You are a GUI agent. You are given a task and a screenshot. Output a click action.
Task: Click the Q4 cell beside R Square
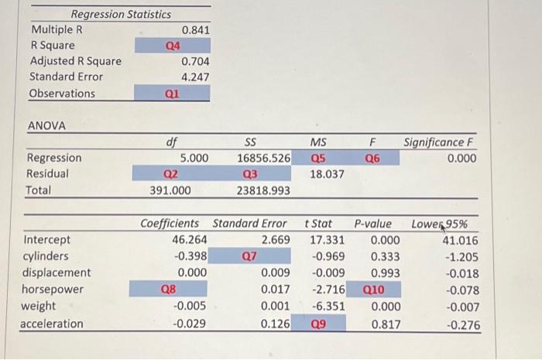coord(173,46)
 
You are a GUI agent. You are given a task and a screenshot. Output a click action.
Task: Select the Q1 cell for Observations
coord(173,94)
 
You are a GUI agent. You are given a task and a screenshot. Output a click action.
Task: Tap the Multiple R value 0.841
coord(195,29)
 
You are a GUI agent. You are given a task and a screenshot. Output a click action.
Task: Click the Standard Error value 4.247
coord(195,77)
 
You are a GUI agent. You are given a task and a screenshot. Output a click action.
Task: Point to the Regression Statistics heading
coord(121,14)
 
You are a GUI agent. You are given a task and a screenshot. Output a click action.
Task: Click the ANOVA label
coord(46,125)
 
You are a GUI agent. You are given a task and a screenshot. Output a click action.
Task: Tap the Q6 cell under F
coord(372,158)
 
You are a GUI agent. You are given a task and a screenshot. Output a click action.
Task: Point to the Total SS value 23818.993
coord(263,190)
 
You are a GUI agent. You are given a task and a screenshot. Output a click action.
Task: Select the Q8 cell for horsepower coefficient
coord(167,290)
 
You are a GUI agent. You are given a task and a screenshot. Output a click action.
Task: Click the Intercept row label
coord(48,240)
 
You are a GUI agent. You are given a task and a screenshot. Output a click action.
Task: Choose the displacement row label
coord(57,273)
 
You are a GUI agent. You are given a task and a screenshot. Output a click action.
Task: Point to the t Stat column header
coord(317,224)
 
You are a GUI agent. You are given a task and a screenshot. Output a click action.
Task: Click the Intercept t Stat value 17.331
coord(321,240)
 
